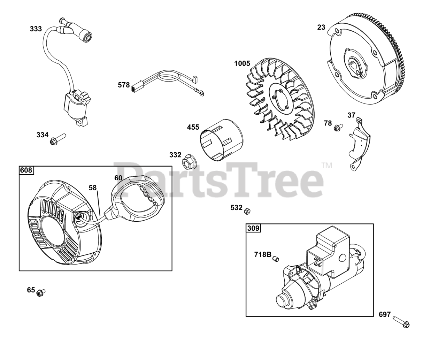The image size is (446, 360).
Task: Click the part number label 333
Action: [36, 29]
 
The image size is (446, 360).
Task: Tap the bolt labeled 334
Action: [58, 139]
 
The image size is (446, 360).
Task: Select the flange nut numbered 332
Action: [190, 161]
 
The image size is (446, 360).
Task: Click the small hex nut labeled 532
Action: [247, 211]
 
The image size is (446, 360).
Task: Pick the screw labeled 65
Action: [41, 292]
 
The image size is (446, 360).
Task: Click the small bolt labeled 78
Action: [338, 127]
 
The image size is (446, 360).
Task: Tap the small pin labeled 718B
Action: [276, 259]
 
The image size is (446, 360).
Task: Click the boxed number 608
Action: [26, 170]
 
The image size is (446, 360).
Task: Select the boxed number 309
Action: [253, 228]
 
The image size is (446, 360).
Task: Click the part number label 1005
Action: [242, 63]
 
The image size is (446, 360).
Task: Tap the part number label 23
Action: [321, 27]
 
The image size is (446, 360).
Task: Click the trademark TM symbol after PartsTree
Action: [326, 166]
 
